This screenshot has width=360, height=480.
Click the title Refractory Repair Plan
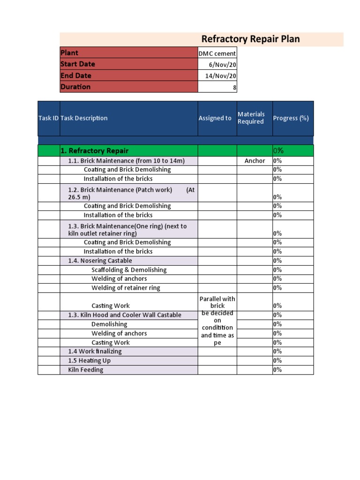point(250,39)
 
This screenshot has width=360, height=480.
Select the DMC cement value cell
point(217,53)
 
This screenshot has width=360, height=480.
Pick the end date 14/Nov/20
point(221,76)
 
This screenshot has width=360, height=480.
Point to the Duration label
point(75,87)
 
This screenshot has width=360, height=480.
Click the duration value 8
point(234,87)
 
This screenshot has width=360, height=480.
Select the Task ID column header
point(48,118)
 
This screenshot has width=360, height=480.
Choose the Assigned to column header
point(215,118)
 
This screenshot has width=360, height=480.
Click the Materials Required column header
point(251,118)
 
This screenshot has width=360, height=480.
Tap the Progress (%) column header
point(291,118)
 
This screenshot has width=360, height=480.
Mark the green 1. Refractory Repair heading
point(95,150)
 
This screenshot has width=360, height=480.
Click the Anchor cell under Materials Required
point(255,161)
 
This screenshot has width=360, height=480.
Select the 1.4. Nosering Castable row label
point(100,261)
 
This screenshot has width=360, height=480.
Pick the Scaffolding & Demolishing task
point(129,270)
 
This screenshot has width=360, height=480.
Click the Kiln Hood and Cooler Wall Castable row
point(125,315)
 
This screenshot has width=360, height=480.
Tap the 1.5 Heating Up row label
point(90,361)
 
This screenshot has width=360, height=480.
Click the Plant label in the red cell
point(69,53)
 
